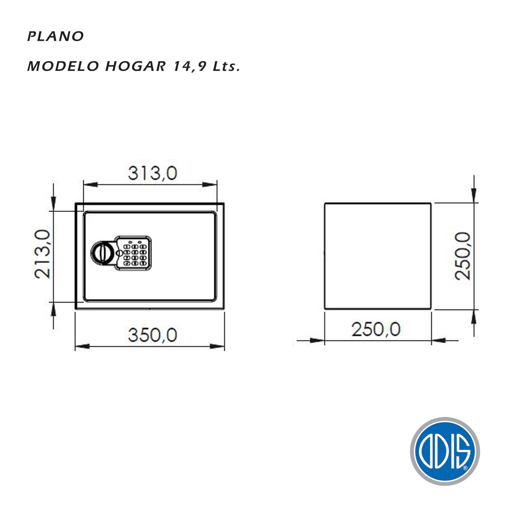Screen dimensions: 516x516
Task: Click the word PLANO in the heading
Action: (x=55, y=36)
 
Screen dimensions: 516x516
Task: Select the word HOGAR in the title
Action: (x=135, y=66)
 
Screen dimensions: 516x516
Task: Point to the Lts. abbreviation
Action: (x=226, y=66)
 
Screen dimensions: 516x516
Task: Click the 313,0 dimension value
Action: (x=152, y=173)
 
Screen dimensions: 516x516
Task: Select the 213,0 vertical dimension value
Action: (x=43, y=254)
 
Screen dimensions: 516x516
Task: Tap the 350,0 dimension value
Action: (x=152, y=335)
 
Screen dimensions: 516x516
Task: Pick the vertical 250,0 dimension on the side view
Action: (x=463, y=256)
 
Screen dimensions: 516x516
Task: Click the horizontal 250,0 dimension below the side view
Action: (x=376, y=329)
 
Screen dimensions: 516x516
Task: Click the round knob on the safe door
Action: (x=103, y=253)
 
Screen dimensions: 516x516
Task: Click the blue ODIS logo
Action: (x=445, y=451)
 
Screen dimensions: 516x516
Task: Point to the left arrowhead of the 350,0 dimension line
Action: (x=82, y=346)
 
